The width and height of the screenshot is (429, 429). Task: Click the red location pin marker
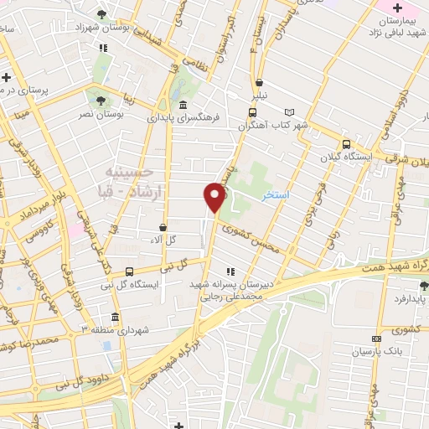click(214, 196)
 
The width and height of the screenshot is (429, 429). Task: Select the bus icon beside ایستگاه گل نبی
click(129, 271)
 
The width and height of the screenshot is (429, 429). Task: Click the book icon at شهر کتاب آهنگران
click(290, 111)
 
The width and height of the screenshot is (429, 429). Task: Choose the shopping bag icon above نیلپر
click(261, 83)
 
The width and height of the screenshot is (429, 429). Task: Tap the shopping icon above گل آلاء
click(163, 227)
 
